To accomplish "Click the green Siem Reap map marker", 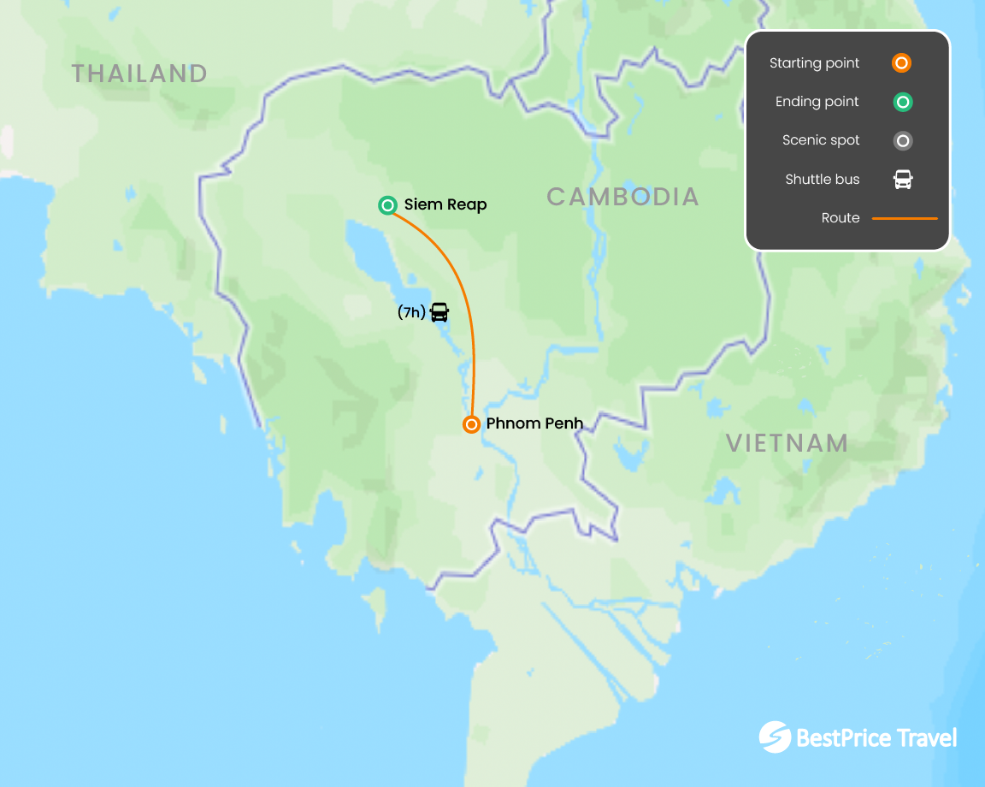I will click(x=387, y=204).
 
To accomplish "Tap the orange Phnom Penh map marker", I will click(x=471, y=424).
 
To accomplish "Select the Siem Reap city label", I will click(x=445, y=205).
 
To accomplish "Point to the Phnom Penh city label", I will click(x=534, y=423).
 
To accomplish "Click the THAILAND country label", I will click(x=139, y=74).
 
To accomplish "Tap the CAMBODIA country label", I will click(x=622, y=197).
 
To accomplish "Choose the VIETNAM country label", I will click(x=787, y=443).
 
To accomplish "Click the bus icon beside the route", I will click(x=439, y=312).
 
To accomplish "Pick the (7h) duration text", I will click(x=411, y=313).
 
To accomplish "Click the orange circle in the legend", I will click(x=901, y=63).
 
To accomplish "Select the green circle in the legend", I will click(x=902, y=102).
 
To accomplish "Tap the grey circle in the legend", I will click(x=902, y=140).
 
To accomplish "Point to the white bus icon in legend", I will click(x=903, y=180).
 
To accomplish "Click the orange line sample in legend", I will click(x=905, y=218).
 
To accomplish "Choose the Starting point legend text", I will click(x=814, y=63).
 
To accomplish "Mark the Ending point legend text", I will click(x=817, y=102).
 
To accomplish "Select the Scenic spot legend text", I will click(x=821, y=140).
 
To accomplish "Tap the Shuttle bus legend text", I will click(x=822, y=180).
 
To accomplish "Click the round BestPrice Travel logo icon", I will click(x=775, y=737).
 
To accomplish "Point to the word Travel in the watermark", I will click(x=926, y=737).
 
